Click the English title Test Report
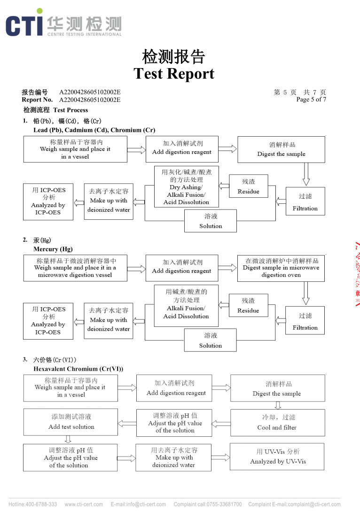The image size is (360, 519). (174, 74)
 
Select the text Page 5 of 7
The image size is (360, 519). (311, 100)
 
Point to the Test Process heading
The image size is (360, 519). (56, 110)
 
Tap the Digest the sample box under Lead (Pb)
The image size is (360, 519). (281, 149)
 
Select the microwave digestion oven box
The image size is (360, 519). (281, 268)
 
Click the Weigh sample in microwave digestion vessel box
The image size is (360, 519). (75, 268)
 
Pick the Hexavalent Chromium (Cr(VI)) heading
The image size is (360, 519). (78, 369)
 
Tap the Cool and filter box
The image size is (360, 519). (277, 422)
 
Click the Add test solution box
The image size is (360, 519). (71, 422)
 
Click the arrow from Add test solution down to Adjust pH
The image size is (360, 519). (68, 440)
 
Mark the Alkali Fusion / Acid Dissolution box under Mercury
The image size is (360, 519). (186, 305)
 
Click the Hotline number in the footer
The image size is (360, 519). (33, 504)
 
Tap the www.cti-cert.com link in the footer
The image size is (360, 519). (84, 504)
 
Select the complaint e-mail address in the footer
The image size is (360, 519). (294, 504)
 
